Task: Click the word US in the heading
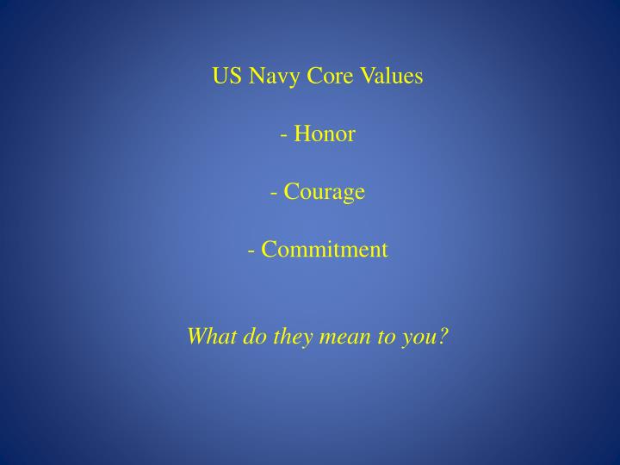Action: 227,77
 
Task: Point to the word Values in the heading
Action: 389,77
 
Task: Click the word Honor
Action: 324,134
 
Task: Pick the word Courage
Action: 324,193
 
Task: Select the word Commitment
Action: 325,250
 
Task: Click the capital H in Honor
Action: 301,134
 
